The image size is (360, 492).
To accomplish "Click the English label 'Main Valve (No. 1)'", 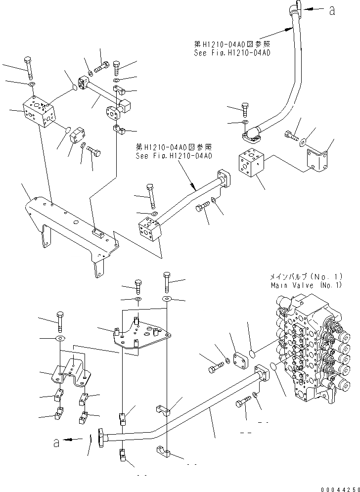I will pos(306,285).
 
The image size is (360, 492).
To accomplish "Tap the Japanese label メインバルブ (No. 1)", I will pos(306,277).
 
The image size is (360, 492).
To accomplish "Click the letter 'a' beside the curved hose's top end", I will pos(332,11).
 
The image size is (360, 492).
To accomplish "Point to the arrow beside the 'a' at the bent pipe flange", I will pos(73,439).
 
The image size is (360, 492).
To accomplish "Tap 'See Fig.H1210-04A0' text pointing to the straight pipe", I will pos(175,156).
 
